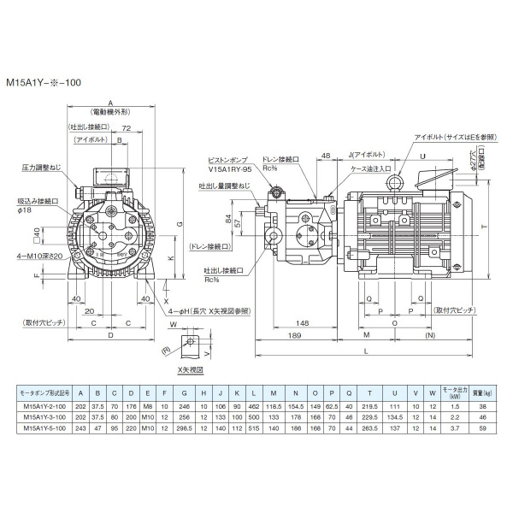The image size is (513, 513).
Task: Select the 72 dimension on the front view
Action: (x=125, y=127)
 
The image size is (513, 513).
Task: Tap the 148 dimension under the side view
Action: (x=303, y=322)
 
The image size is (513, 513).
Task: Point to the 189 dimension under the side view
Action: (x=293, y=337)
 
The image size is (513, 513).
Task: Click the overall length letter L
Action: (x=367, y=351)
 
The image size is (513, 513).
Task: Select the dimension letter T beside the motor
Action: (x=484, y=227)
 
